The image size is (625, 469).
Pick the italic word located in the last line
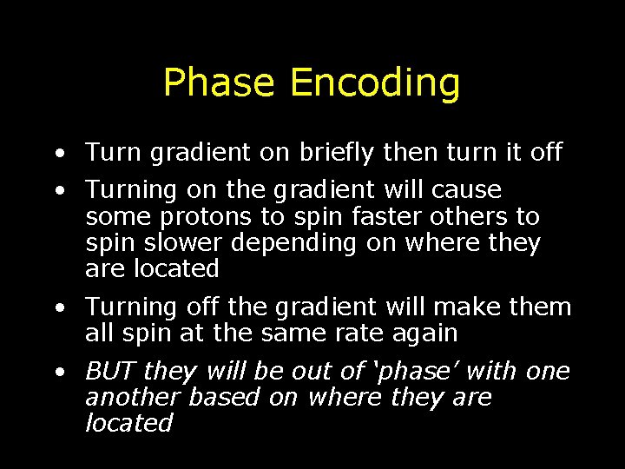tap(128, 424)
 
